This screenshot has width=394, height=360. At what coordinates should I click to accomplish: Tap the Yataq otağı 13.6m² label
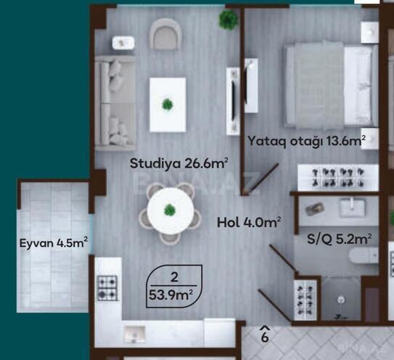click(305, 142)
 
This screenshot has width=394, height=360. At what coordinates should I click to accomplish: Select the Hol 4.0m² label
click(249, 222)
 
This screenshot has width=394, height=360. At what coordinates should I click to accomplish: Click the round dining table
click(170, 210)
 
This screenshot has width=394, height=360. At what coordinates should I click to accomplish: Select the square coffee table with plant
click(168, 105)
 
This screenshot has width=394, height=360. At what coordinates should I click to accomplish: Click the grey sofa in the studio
click(113, 102)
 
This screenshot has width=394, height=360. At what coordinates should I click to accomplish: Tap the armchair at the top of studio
click(165, 33)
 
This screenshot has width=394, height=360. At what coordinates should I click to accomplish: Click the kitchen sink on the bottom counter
click(134, 334)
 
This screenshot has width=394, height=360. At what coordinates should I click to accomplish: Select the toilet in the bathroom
click(361, 256)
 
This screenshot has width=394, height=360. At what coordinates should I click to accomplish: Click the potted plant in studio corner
click(229, 20)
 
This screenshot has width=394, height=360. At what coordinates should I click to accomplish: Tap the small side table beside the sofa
click(122, 43)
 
